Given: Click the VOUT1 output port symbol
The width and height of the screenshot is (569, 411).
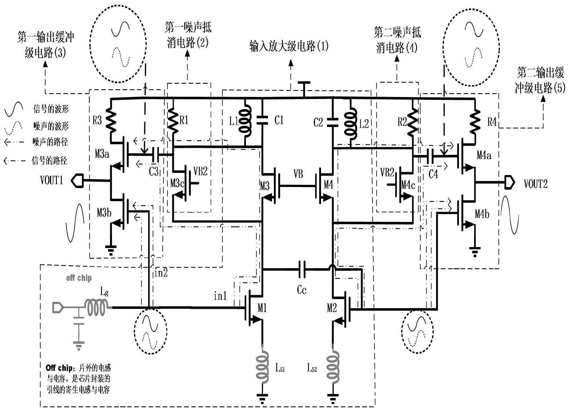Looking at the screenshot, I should (x=77, y=181).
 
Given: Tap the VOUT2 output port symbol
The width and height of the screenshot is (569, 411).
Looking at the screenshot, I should (x=510, y=183).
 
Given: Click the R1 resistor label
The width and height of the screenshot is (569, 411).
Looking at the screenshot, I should (x=184, y=120).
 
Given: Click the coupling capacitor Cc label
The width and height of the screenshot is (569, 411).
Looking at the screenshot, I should (x=301, y=290).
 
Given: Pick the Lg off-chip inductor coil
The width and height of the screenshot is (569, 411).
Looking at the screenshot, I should (x=96, y=308).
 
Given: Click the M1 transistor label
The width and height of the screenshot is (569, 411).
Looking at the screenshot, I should (x=262, y=308).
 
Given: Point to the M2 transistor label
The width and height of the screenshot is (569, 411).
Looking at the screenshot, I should (x=332, y=308).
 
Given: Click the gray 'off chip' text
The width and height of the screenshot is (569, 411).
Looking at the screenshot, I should (x=79, y=278).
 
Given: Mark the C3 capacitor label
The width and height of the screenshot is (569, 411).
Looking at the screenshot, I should (x=154, y=171).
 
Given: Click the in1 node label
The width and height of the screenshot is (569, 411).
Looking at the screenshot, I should (x=220, y=296).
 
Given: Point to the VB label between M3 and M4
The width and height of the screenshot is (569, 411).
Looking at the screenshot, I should (x=298, y=174).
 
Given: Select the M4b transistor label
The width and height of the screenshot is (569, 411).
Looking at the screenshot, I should (x=482, y=214).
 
